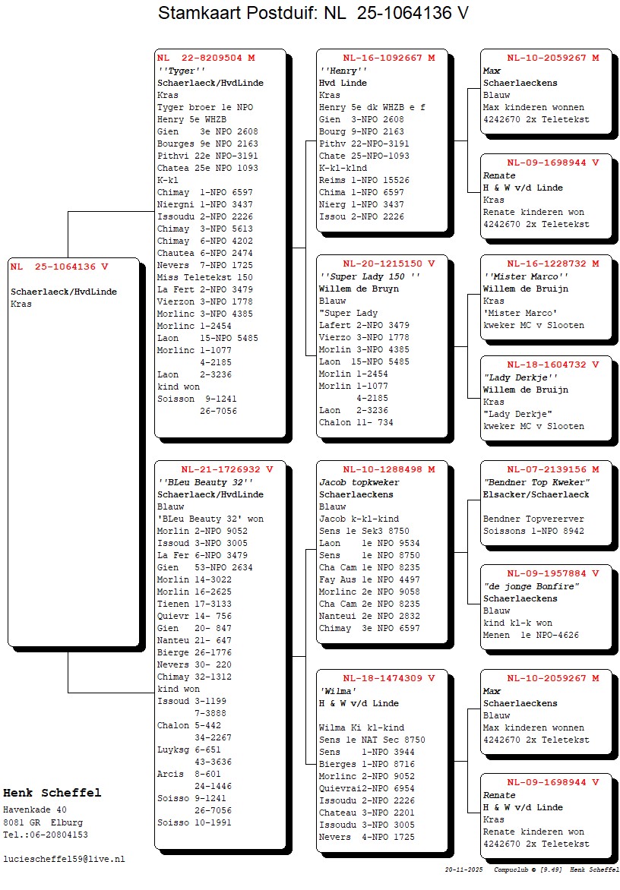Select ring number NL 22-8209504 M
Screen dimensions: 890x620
tap(206, 58)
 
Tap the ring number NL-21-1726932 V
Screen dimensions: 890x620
tap(226, 469)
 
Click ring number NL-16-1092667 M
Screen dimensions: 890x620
tap(388, 58)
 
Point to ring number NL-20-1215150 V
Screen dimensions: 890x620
tap(388, 264)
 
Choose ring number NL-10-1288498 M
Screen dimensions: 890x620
tap(388, 469)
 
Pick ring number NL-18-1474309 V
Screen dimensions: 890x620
tap(388, 678)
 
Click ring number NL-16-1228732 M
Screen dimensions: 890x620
tap(553, 264)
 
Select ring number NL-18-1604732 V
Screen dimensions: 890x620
tap(553, 365)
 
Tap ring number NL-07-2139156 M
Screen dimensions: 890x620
tap(553, 469)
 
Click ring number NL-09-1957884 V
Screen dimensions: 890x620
tap(553, 573)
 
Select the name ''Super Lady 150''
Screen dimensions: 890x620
tap(369, 276)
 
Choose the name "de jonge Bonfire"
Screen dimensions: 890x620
tap(531, 586)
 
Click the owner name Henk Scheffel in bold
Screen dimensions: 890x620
tap(52, 793)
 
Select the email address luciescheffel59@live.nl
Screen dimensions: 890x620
tap(64, 859)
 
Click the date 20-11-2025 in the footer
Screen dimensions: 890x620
tap(464, 869)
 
